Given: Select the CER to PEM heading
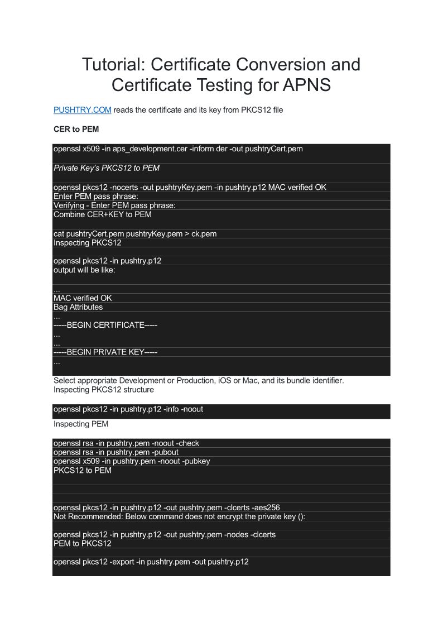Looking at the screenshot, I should pyautogui.click(x=77, y=129).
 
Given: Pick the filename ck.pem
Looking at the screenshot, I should pyautogui.click(x=204, y=234).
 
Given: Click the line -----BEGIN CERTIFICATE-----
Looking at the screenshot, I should pyautogui.click(x=105, y=325).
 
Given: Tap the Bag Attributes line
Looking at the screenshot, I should pyautogui.click(x=78, y=307).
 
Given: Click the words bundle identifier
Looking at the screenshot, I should pyautogui.click(x=312, y=381).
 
